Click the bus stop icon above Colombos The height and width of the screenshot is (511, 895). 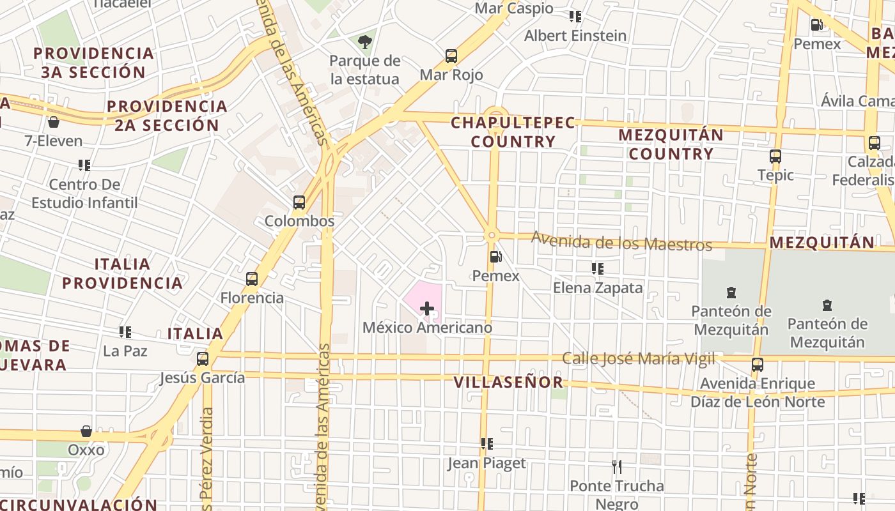[299, 202]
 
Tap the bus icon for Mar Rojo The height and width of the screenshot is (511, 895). [451, 56]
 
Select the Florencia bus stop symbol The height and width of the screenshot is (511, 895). [252, 279]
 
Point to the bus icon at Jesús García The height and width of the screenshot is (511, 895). [203, 359]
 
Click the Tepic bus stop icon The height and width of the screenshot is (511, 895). [775, 156]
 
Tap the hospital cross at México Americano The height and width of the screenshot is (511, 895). [427, 309]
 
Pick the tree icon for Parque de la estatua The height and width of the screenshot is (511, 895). [365, 42]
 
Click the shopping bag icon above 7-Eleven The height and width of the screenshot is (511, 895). [54, 122]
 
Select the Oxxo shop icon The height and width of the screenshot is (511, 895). [86, 431]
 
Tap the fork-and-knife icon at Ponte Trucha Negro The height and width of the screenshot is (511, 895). [617, 467]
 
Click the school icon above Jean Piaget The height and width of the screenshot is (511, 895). [487, 444]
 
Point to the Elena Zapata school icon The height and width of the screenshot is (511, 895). [598, 269]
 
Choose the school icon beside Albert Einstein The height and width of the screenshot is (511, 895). [575, 17]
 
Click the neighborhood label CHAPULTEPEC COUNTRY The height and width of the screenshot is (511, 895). [513, 132]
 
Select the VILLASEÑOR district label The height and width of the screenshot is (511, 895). [508, 383]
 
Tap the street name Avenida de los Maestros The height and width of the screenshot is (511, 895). [621, 242]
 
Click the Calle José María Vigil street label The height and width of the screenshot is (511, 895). [638, 359]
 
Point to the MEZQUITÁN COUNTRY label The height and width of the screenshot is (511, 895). [671, 144]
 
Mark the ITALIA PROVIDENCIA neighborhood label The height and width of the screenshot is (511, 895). [122, 273]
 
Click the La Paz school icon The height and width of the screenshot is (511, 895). [125, 332]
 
